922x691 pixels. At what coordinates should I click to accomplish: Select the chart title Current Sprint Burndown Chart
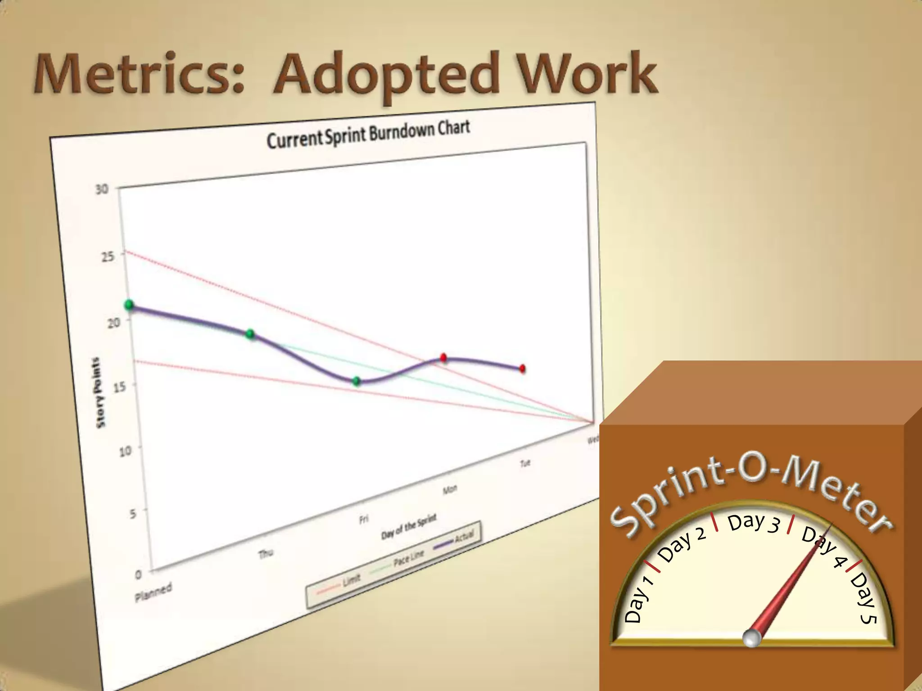click(x=368, y=134)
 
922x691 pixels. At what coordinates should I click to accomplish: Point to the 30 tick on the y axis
click(x=102, y=189)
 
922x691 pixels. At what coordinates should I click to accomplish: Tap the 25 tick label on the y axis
click(x=108, y=257)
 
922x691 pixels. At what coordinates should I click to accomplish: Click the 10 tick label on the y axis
click(x=126, y=450)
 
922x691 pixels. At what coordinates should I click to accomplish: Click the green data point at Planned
click(x=129, y=305)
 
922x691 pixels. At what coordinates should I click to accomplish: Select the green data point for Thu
click(x=250, y=334)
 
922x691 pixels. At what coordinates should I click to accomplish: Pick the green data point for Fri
click(x=357, y=381)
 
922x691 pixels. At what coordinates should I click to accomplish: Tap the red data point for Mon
click(x=443, y=358)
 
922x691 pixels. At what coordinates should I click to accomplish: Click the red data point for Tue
click(x=523, y=369)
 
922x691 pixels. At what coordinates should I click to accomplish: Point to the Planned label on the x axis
click(x=154, y=591)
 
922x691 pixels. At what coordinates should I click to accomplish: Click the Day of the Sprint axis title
click(x=409, y=526)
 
